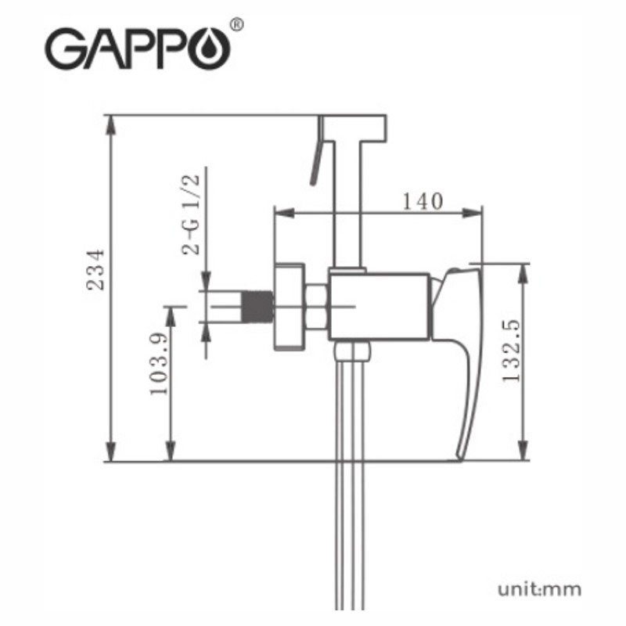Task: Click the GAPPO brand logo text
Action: click(138, 49)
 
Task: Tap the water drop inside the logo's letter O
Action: click(208, 49)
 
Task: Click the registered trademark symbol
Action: click(237, 24)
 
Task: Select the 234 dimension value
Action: click(95, 270)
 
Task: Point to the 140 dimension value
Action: click(423, 201)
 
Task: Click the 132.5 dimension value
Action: click(512, 351)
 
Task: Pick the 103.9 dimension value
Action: click(159, 363)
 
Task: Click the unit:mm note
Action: click(539, 589)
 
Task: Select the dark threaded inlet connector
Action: click(258, 306)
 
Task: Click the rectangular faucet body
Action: click(380, 307)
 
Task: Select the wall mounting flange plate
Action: click(290, 307)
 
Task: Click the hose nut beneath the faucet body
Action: click(353, 350)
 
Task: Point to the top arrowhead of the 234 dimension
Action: click(111, 124)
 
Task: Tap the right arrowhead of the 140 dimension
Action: click(472, 213)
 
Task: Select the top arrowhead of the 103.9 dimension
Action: click(171, 316)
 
